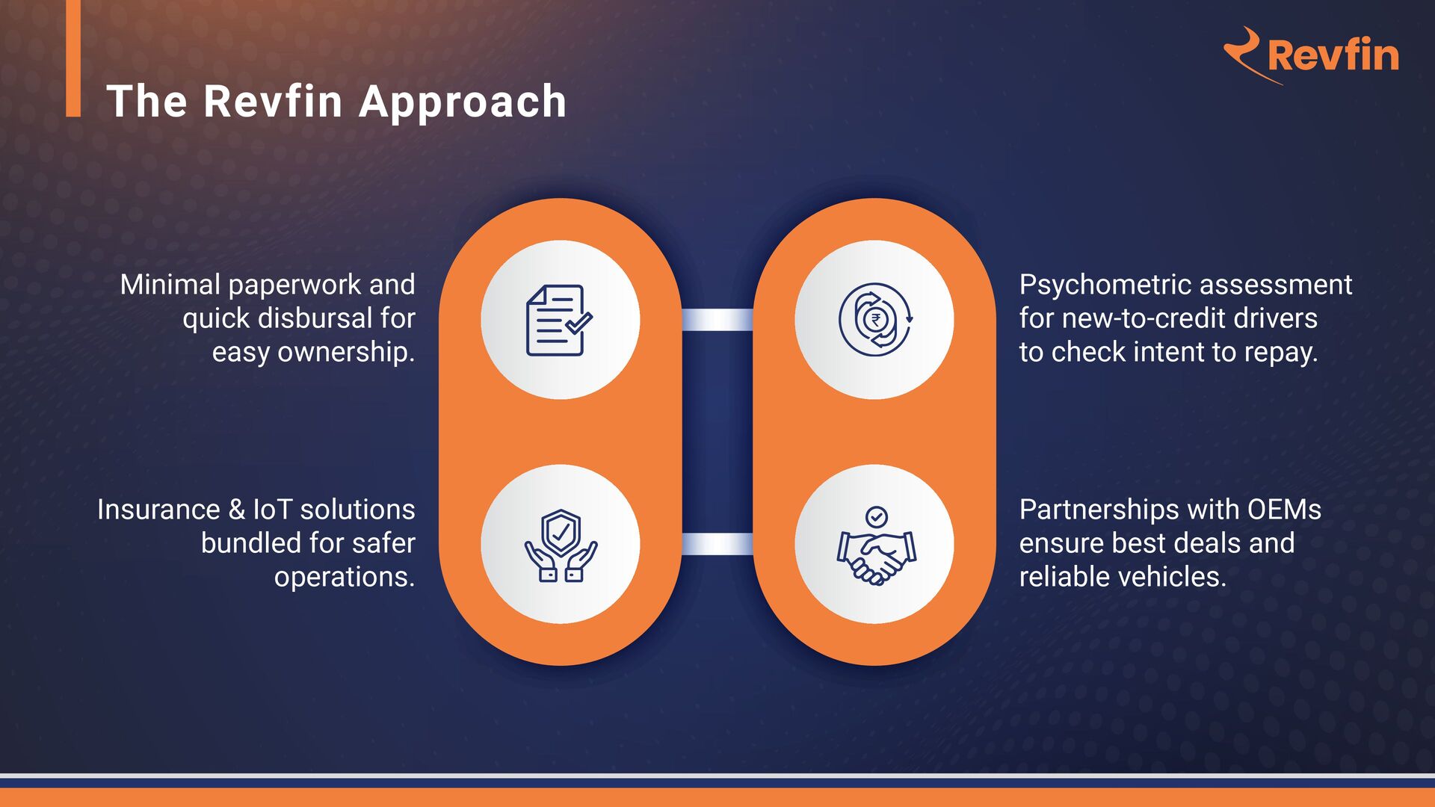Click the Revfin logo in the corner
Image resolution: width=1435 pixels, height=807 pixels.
(1312, 55)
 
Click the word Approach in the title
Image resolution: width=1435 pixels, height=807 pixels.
(463, 102)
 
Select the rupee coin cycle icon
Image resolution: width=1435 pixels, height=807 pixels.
(874, 320)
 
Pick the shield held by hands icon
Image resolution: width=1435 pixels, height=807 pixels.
(560, 545)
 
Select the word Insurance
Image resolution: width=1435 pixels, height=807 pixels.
(158, 510)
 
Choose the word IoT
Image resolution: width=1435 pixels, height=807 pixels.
(272, 510)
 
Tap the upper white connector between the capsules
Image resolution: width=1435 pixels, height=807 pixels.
(717, 320)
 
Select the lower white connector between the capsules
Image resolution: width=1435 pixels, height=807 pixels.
(717, 544)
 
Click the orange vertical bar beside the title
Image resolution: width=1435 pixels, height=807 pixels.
(73, 58)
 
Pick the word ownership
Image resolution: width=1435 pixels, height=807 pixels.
(346, 352)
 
